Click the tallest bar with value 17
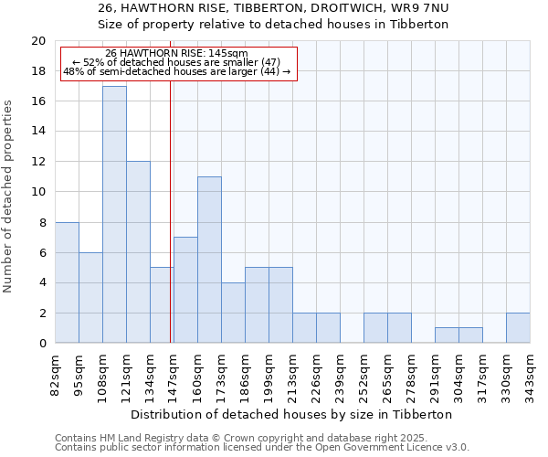pos(114,215)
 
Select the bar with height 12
pos(138,252)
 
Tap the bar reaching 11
pos(209,260)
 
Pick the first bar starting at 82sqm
pos(67,282)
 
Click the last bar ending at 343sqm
pos(518,328)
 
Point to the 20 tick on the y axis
pos(37,41)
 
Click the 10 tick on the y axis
pos(37,192)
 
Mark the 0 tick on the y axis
pos(41,344)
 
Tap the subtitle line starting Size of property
pos(273,24)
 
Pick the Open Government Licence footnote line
pos(262,448)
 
